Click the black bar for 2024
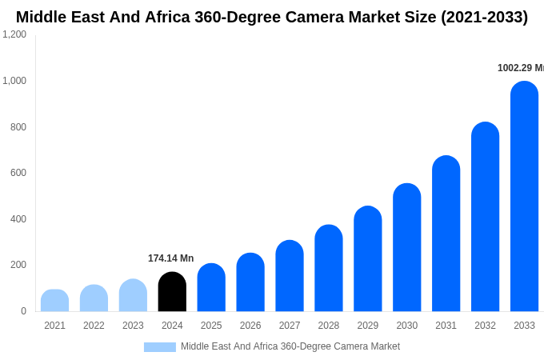(x=172, y=292)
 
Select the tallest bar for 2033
(x=524, y=196)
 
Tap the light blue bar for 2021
(x=54, y=301)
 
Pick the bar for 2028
(x=328, y=268)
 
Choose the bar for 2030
(x=406, y=247)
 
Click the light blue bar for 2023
(x=133, y=295)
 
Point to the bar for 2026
(x=250, y=282)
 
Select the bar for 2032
(x=485, y=217)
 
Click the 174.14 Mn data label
(x=170, y=258)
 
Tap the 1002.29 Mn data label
(x=520, y=68)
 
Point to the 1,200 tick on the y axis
(x=14, y=34)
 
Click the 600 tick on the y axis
(x=18, y=173)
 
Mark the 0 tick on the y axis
(x=23, y=311)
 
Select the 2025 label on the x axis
(x=211, y=326)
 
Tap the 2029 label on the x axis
(x=367, y=326)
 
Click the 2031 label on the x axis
(x=446, y=326)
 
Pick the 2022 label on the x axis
(x=94, y=326)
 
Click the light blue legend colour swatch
(x=159, y=347)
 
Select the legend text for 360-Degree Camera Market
(x=290, y=346)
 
